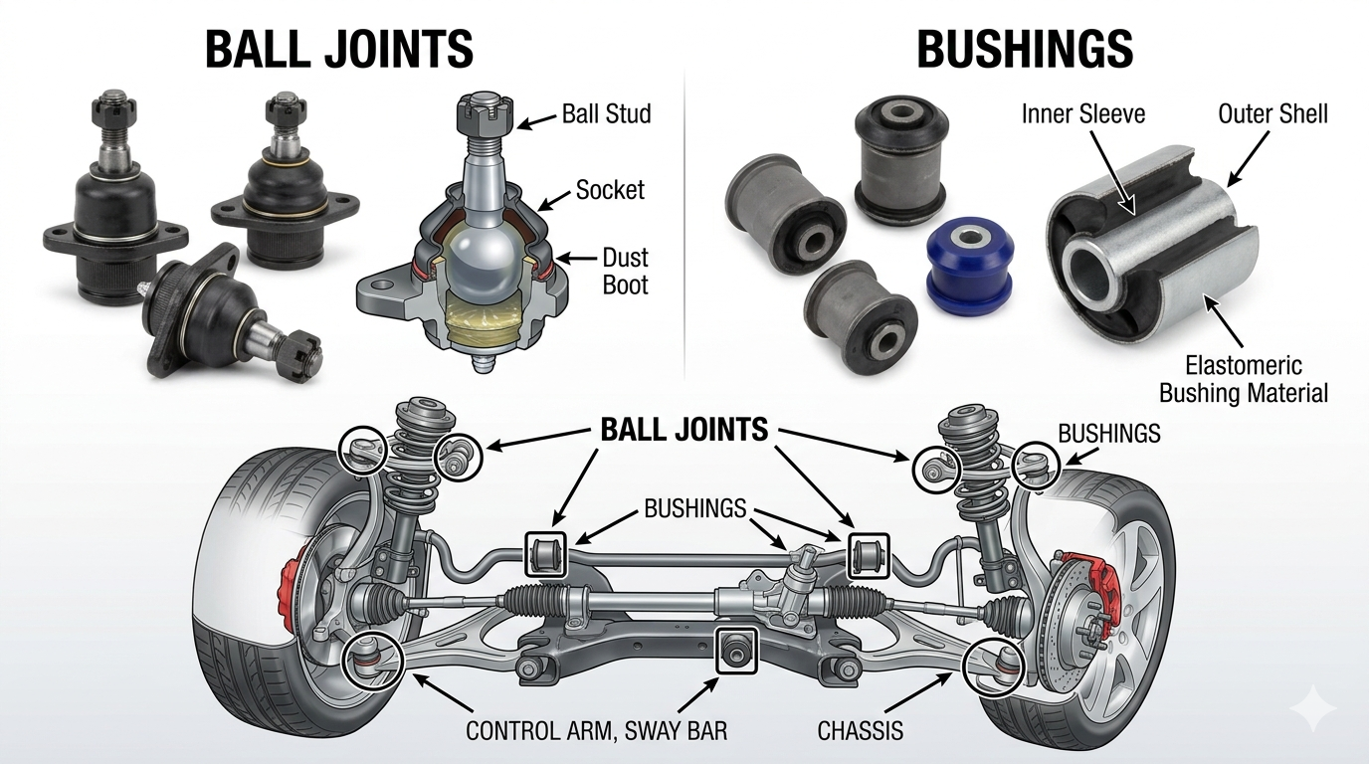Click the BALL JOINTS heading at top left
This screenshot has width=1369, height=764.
click(x=338, y=48)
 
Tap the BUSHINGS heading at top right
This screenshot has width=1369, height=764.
click(x=1024, y=48)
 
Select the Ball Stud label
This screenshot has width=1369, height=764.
click(x=606, y=113)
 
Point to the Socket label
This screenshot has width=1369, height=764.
click(x=610, y=189)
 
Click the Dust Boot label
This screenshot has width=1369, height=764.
click(x=625, y=272)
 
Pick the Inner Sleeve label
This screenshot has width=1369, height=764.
click(x=1082, y=113)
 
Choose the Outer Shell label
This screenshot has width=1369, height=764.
click(x=1272, y=113)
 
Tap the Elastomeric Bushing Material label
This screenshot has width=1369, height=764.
click(x=1243, y=380)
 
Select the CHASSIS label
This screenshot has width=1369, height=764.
click(x=860, y=731)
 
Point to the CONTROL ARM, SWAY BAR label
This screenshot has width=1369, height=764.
click(x=596, y=731)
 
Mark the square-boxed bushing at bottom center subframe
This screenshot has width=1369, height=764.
click(x=737, y=649)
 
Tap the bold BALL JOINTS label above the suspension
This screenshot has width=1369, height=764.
click(x=684, y=430)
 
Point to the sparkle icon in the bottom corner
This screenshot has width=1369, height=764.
click(x=1311, y=709)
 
